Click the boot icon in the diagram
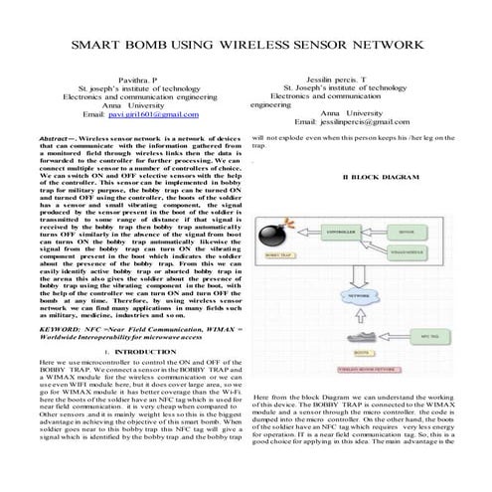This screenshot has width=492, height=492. coord(363,338)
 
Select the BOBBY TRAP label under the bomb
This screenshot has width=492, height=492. coord(275,254)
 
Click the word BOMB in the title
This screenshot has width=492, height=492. coord(185,48)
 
